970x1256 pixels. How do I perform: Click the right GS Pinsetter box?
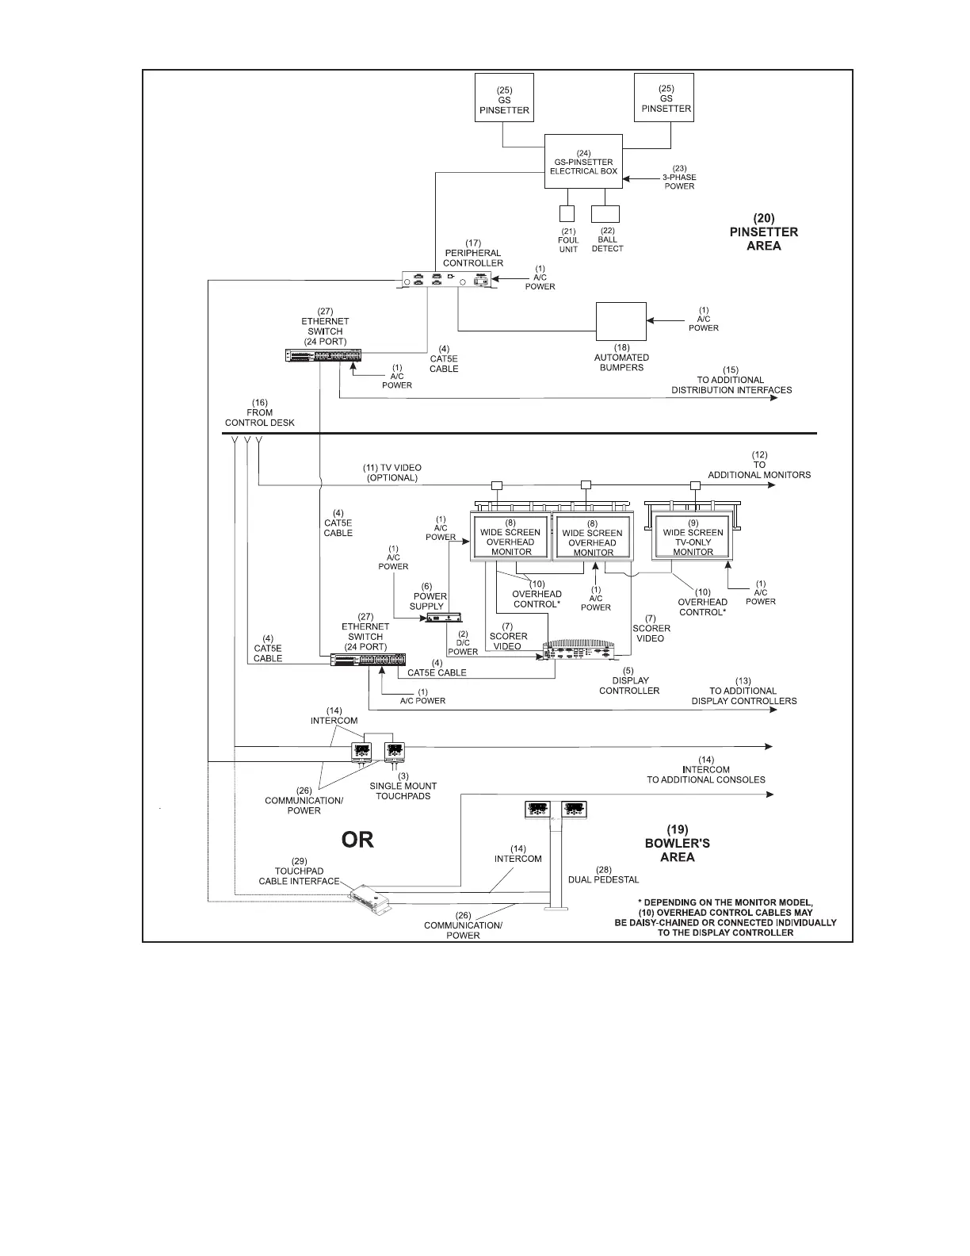(x=664, y=98)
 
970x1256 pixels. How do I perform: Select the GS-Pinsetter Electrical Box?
(x=583, y=162)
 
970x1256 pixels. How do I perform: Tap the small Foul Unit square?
(x=567, y=213)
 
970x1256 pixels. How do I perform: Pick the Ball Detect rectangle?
(x=605, y=213)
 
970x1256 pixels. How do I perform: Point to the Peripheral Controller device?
(x=447, y=279)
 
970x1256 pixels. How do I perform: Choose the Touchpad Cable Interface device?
(x=370, y=898)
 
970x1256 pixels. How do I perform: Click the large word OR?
(x=357, y=840)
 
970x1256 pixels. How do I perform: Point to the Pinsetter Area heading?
(x=753, y=232)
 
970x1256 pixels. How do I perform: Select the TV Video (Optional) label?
(x=392, y=473)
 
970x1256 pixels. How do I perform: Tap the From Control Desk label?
(x=259, y=412)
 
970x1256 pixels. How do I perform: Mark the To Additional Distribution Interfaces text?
(x=731, y=385)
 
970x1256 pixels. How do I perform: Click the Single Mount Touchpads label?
(x=403, y=791)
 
